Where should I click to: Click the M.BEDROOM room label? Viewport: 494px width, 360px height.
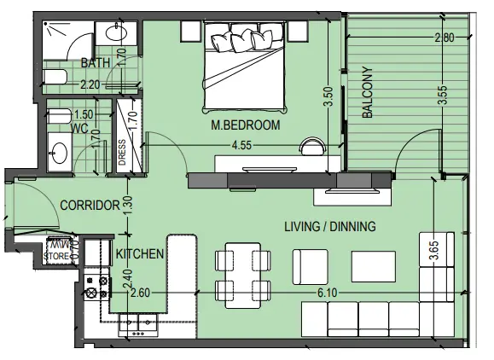pyautogui.click(x=246, y=125)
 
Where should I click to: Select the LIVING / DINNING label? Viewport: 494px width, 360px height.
pyautogui.click(x=330, y=226)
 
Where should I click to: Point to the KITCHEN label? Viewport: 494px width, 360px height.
pyautogui.click(x=140, y=253)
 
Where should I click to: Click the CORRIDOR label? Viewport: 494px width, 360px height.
pyautogui.click(x=89, y=206)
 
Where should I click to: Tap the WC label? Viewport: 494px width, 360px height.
pyautogui.click(x=80, y=129)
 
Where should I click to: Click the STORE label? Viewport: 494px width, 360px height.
pyautogui.click(x=56, y=254)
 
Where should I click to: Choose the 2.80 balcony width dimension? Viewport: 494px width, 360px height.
pyautogui.click(x=445, y=38)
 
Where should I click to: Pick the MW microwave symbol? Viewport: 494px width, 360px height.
pyautogui.click(x=57, y=243)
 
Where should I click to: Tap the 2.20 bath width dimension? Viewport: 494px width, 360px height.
pyautogui.click(x=90, y=84)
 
